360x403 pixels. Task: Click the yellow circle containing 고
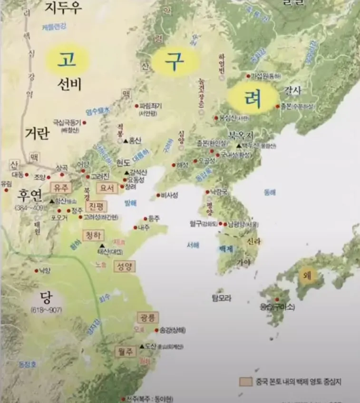[x=67, y=59]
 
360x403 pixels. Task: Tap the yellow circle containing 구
[x=174, y=61]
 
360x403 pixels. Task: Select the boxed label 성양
[x=124, y=266]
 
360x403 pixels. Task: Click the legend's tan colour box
[x=246, y=382]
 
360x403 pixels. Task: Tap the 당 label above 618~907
[x=46, y=298]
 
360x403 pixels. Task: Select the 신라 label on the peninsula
[x=253, y=242]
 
